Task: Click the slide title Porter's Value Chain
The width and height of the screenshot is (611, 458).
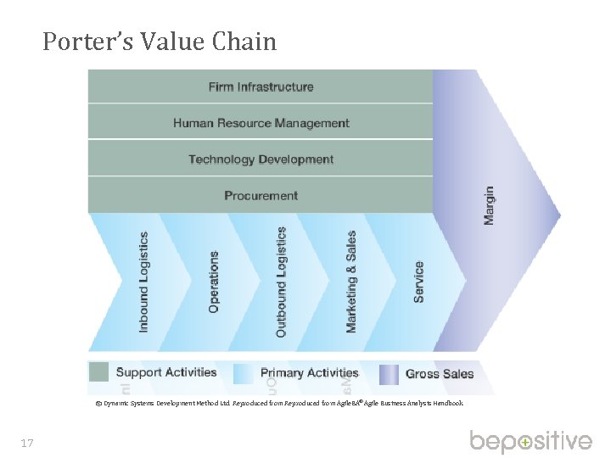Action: click(160, 42)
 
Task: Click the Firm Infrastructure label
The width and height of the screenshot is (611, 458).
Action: click(261, 87)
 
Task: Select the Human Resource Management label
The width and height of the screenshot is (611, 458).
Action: click(261, 123)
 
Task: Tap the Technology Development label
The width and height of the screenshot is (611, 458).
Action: click(261, 159)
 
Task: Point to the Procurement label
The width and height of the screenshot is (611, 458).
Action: click(261, 196)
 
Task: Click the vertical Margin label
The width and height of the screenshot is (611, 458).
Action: click(489, 205)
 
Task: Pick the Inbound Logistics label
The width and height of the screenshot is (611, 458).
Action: click(143, 282)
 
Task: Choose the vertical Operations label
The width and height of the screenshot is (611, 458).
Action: click(213, 282)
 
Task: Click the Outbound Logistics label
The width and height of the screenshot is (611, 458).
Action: click(282, 282)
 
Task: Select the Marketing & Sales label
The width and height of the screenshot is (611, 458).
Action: click(351, 282)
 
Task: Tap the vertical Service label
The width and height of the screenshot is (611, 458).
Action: click(418, 282)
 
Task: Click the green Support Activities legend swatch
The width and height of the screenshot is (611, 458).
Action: click(99, 372)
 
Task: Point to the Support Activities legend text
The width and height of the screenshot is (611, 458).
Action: click(166, 372)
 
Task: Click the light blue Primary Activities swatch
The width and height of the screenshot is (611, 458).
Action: click(244, 373)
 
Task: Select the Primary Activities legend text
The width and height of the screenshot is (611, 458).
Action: click(309, 372)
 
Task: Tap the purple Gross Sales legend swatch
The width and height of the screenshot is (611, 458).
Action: click(389, 373)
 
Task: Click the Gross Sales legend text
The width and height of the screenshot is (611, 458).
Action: click(440, 373)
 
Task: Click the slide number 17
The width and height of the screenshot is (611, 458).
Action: click(27, 443)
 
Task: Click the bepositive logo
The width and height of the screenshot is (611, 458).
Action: click(531, 442)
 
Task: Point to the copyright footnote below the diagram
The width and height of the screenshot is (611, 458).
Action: click(279, 404)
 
